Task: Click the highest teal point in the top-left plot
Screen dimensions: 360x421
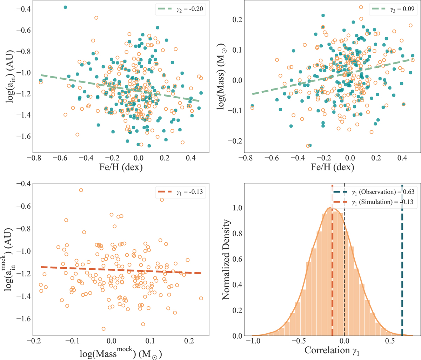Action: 65,7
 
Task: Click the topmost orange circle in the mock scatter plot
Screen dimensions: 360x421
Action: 81,190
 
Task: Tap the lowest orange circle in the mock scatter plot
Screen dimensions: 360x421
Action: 103,329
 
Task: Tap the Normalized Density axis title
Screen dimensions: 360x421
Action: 227,260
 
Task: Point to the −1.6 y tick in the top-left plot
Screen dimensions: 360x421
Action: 20,136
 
